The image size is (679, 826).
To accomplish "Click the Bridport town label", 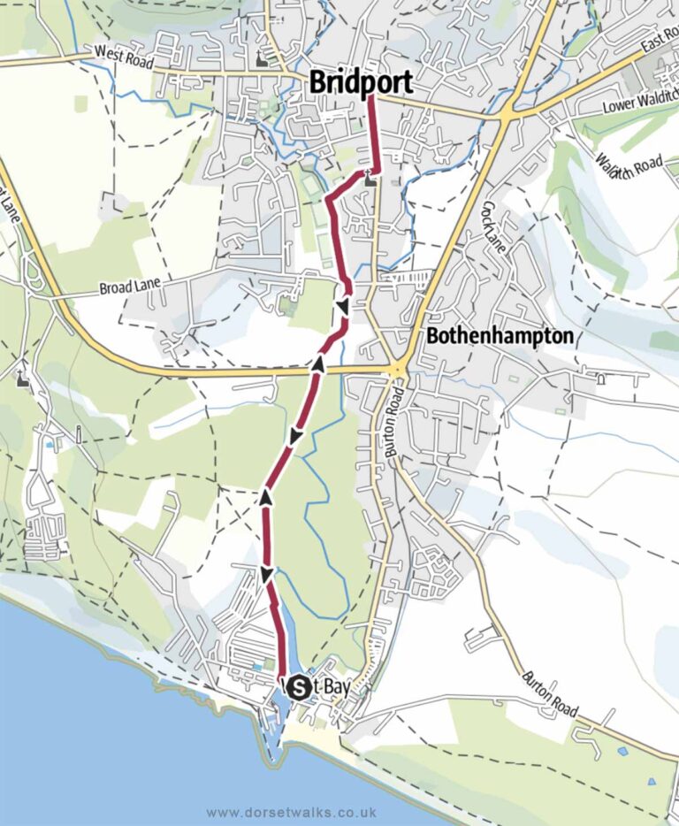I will pyautogui.click(x=361, y=83).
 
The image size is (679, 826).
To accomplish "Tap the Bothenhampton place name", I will pyautogui.click(x=500, y=337).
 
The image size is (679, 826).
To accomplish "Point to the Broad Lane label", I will pyautogui.click(x=128, y=287).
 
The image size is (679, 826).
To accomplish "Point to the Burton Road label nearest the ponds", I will pyautogui.click(x=550, y=694).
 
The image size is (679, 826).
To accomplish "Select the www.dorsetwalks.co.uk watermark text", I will pyautogui.click(x=292, y=811).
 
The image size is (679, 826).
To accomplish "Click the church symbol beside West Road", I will pyautogui.click(x=260, y=59).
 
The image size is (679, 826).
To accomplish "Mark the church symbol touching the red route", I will pyautogui.click(x=370, y=180).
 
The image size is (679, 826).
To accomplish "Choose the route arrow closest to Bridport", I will pyautogui.click(x=341, y=307).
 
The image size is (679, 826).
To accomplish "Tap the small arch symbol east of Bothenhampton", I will pyautogui.click(x=600, y=381).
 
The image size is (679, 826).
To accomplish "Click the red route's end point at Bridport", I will pyautogui.click(x=369, y=97).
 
